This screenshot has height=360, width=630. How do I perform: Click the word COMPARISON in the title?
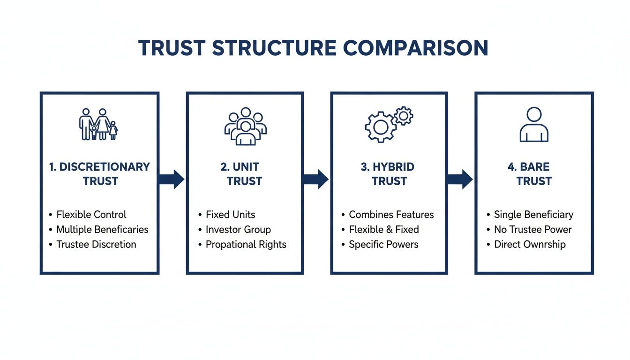pos(415,49)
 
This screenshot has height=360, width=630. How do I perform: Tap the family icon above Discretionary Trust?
pos(98,124)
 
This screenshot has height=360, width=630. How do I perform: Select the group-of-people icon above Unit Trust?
pos(245,126)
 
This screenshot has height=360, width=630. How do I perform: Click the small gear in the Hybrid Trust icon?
pos(403,115)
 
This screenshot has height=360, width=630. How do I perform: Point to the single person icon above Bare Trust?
pos(534,124)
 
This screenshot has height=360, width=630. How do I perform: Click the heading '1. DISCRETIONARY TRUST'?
pos(99,174)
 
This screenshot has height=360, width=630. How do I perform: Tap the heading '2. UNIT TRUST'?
pos(244,174)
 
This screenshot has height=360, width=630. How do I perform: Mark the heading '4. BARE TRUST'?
pos(534,174)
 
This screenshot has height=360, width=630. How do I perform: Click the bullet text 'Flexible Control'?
pos(91,215)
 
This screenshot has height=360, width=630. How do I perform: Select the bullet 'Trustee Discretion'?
pos(96,244)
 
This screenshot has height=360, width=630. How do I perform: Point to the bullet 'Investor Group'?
pos(238,230)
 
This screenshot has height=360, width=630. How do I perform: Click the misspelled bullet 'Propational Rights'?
pos(246,244)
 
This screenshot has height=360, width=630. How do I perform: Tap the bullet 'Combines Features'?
pos(391,215)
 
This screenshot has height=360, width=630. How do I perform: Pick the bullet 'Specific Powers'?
pos(383,244)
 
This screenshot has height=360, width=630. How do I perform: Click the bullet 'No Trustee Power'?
pos(533,230)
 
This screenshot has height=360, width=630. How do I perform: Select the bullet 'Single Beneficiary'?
pos(533,215)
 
